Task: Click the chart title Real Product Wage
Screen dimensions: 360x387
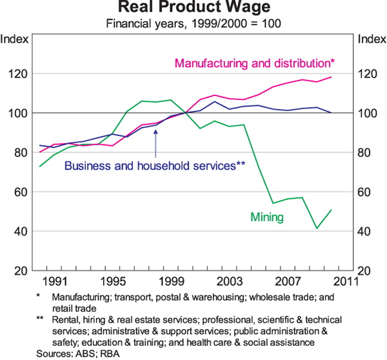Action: pos(193,9)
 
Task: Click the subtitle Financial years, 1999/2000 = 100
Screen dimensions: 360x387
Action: pos(193,25)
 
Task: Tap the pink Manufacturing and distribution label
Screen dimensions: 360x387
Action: pos(255,63)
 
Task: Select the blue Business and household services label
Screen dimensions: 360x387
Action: pos(155,165)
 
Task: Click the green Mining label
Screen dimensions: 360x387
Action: pos(266,217)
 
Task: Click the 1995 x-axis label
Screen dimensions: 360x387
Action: pos(113,281)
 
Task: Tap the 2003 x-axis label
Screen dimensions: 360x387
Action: pos(229,281)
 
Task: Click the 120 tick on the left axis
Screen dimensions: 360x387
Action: pos(18,74)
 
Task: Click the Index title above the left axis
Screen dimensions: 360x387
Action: pos(15,39)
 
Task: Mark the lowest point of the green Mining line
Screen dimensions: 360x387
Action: pos(317,228)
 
